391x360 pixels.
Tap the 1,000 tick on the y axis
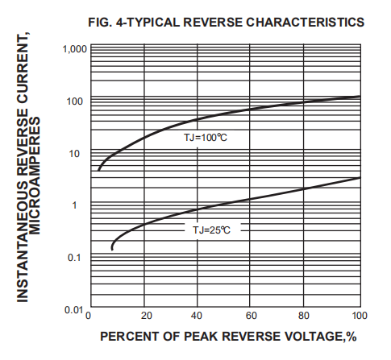[x=74, y=49]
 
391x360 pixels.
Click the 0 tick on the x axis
[x=89, y=315]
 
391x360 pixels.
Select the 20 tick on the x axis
[x=146, y=315]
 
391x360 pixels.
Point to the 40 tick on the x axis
[x=199, y=315]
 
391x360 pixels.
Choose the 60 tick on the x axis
[x=252, y=315]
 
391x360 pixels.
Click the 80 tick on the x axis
[x=306, y=315]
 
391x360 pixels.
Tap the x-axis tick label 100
[x=360, y=315]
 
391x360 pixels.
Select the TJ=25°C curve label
[x=211, y=230]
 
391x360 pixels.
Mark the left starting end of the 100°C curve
[x=98, y=170]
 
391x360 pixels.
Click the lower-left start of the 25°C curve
[x=112, y=249]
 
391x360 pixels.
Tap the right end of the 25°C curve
[x=360, y=177]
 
